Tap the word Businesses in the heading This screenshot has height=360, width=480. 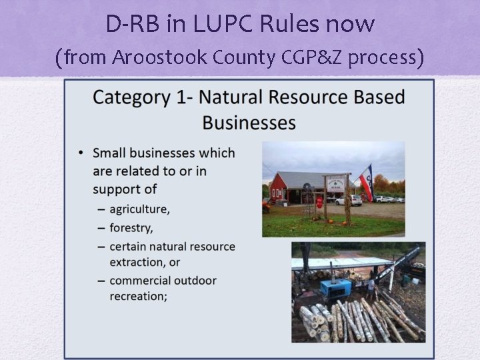click(249, 123)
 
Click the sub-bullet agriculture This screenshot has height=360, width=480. click(139, 209)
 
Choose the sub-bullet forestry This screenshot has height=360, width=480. click(131, 228)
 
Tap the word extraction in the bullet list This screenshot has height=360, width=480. click(145, 262)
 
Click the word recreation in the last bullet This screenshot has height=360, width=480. click(139, 296)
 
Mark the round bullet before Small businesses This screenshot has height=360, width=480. click(81, 153)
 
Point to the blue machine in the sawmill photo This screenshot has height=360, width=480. click(335, 289)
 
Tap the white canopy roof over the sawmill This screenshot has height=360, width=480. click(340, 262)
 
